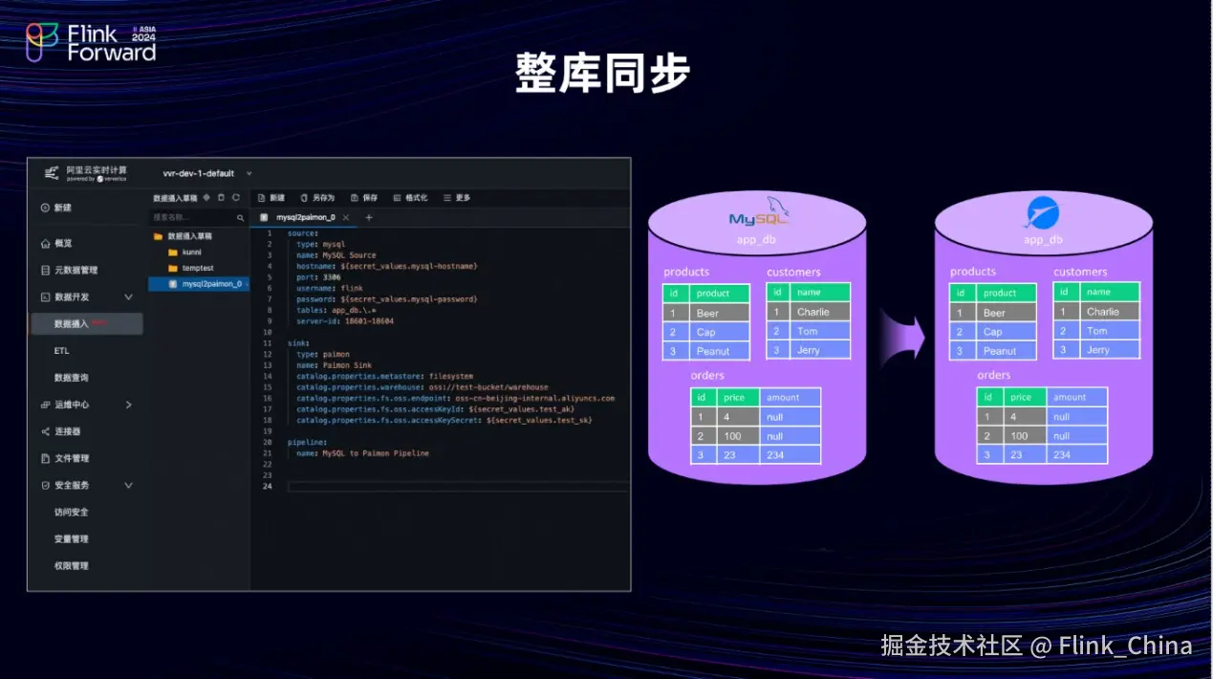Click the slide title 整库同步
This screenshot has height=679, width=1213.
(x=602, y=73)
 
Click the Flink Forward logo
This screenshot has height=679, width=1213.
(x=91, y=43)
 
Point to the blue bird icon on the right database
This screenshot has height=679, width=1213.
(x=1042, y=212)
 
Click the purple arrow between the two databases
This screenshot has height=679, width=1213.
(x=902, y=336)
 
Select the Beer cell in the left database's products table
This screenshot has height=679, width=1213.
(x=720, y=313)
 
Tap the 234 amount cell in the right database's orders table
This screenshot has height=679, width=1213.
(x=1076, y=455)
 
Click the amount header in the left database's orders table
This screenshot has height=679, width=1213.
(x=790, y=397)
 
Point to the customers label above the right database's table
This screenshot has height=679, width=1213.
(x=1080, y=272)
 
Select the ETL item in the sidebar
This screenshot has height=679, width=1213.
(x=62, y=351)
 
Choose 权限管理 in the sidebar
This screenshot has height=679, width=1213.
(x=72, y=566)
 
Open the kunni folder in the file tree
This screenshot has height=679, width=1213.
(x=191, y=252)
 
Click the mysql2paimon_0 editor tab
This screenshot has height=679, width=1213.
(x=305, y=218)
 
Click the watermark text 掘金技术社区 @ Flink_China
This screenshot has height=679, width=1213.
(x=1036, y=646)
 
